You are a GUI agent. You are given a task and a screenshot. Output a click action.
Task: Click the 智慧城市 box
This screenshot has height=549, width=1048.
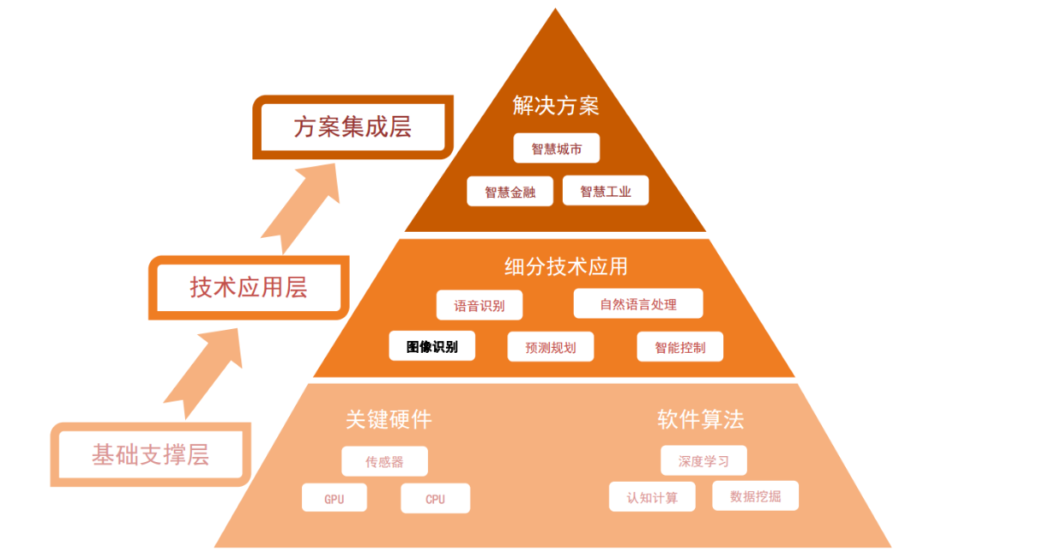tap(556, 148)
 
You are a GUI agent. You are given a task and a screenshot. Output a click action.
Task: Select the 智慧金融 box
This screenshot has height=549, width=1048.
tap(510, 192)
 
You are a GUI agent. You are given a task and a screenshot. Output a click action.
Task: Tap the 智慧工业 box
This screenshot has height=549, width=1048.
tap(605, 191)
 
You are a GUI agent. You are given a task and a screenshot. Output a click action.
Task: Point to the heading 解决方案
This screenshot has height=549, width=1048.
tap(556, 105)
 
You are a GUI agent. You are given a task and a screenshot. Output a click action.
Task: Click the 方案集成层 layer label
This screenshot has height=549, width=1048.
tap(352, 128)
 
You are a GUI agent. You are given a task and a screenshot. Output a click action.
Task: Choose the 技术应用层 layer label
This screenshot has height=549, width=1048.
tap(248, 287)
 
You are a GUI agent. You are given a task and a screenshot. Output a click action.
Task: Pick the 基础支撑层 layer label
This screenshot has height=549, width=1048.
tap(150, 454)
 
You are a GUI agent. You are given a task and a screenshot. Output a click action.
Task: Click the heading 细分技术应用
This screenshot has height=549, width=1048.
tap(565, 266)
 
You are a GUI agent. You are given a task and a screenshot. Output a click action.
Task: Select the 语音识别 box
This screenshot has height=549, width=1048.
tap(478, 305)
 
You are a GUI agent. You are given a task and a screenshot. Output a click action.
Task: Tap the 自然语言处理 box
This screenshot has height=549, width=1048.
tap(638, 303)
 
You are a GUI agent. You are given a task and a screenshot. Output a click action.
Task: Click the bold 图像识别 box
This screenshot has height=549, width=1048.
tap(431, 346)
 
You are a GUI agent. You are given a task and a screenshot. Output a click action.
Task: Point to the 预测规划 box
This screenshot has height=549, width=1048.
tap(550, 347)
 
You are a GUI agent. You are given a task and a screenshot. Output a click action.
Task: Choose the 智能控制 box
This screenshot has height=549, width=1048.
tap(680, 347)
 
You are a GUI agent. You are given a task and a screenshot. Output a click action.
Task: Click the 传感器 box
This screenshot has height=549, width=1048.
tap(385, 462)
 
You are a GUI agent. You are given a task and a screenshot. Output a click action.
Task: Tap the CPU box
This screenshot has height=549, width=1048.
tap(435, 499)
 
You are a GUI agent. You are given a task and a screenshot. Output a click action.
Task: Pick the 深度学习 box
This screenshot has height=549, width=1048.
tap(703, 461)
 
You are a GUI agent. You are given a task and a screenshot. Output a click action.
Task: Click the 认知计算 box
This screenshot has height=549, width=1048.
tap(652, 497)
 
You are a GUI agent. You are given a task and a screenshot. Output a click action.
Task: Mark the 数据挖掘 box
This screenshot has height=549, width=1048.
tap(755, 496)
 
